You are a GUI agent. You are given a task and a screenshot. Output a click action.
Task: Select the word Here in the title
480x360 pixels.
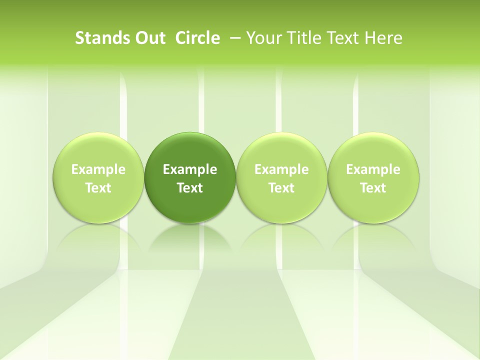tap(383, 38)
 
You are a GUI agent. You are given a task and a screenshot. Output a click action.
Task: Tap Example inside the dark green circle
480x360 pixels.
tap(190, 170)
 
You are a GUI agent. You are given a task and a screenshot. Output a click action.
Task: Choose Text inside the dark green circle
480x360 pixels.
tap(190, 188)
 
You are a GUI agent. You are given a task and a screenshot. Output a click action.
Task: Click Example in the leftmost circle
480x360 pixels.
tap(98, 170)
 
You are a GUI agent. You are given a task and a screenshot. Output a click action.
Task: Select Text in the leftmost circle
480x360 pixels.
tap(98, 188)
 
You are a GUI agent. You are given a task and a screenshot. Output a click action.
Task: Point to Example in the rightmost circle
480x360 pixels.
tap(373, 170)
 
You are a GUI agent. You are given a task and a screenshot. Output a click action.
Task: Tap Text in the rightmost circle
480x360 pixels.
tap(373, 188)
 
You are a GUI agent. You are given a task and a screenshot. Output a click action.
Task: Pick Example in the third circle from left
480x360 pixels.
tap(281, 170)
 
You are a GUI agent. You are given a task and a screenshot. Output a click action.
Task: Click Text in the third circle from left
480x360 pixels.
tap(281, 188)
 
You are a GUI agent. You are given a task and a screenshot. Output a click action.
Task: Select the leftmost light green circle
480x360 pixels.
tap(98, 150)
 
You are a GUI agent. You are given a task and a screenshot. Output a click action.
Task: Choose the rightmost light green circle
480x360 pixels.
tap(373, 150)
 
